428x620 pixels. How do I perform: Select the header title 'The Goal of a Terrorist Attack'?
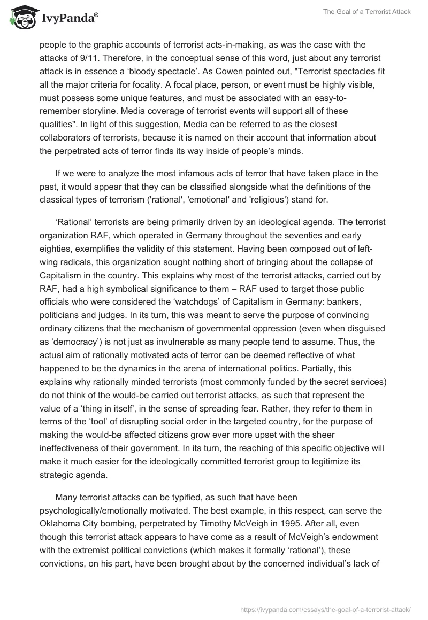tap(367, 12)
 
